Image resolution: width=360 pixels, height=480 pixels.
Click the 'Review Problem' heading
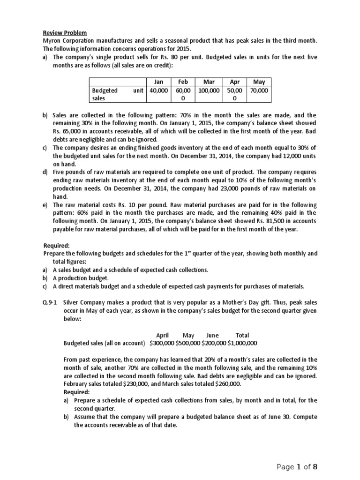pyautogui.click(x=65, y=33)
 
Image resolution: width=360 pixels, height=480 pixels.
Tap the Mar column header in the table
pyautogui.click(x=209, y=82)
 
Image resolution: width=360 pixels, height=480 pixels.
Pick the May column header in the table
pyautogui.click(x=259, y=82)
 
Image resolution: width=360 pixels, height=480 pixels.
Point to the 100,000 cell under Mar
pyautogui.click(x=209, y=90)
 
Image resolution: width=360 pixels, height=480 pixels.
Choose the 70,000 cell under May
pyautogui.click(x=259, y=90)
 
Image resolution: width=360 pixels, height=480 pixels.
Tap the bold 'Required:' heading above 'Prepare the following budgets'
pyautogui.click(x=57, y=245)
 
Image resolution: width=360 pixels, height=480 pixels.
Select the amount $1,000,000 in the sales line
pyautogui.click(x=242, y=343)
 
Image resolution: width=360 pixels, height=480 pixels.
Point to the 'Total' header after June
pyautogui.click(x=242, y=335)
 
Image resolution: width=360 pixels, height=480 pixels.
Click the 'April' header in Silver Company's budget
pyautogui.click(x=162, y=335)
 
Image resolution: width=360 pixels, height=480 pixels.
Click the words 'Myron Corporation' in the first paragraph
pyautogui.click(x=65, y=41)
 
